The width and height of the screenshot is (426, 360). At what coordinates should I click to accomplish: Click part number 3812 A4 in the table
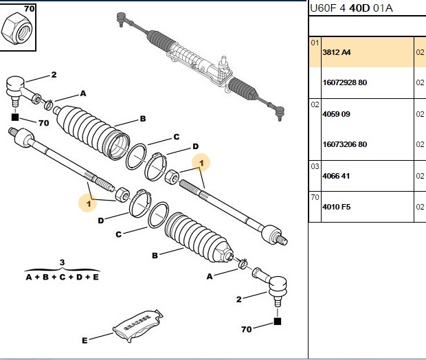pyautogui.click(x=337, y=52)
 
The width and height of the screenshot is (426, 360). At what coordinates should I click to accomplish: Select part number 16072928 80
pyautogui.click(x=344, y=82)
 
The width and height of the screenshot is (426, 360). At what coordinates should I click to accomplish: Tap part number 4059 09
pyautogui.click(x=336, y=114)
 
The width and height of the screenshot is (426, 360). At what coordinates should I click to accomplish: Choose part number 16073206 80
pyautogui.click(x=344, y=144)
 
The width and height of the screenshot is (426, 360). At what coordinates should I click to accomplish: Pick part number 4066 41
pyautogui.click(x=336, y=176)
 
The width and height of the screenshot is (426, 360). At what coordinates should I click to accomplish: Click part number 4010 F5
pyautogui.click(x=337, y=207)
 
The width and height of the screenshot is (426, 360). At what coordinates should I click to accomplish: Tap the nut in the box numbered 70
pyautogui.click(x=16, y=30)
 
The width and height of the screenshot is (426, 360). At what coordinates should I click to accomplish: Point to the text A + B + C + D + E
pyautogui.click(x=63, y=277)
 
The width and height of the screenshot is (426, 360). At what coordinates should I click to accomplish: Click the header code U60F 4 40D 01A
pyautogui.click(x=351, y=8)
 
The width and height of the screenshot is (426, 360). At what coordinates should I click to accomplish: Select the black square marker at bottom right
pyautogui.click(x=277, y=322)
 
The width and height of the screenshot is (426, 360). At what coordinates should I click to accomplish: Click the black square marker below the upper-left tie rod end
pyautogui.click(x=15, y=117)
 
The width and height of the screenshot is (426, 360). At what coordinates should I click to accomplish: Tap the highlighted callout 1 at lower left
pyautogui.click(x=89, y=203)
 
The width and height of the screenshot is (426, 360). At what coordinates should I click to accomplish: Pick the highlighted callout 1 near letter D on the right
pyautogui.click(x=201, y=163)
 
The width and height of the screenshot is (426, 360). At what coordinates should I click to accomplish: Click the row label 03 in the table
pyautogui.click(x=315, y=166)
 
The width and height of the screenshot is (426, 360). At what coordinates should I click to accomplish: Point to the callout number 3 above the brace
pyautogui.click(x=63, y=262)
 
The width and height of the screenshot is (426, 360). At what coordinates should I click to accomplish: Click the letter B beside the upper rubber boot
pyautogui.click(x=143, y=119)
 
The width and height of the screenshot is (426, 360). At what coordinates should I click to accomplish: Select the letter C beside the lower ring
pyautogui.click(x=118, y=234)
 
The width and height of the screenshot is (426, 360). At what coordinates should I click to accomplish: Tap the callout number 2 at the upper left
pyautogui.click(x=54, y=74)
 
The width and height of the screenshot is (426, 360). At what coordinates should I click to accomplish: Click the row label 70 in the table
pyautogui.click(x=315, y=197)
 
